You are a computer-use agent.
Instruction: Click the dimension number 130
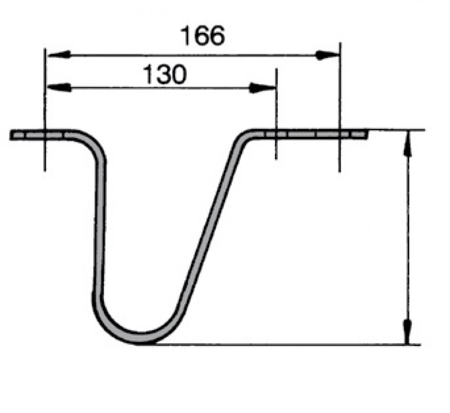pos(164,75)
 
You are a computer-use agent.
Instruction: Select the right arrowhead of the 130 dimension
pos(263,88)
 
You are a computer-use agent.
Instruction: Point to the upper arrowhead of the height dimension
pos(407,144)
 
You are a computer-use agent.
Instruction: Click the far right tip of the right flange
pos(366,133)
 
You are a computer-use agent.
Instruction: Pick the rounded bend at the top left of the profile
pos(94,144)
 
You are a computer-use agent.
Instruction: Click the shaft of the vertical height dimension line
pos(407,238)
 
